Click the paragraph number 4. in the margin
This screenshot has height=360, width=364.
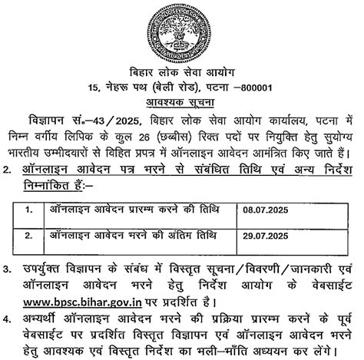tap(7, 318)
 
